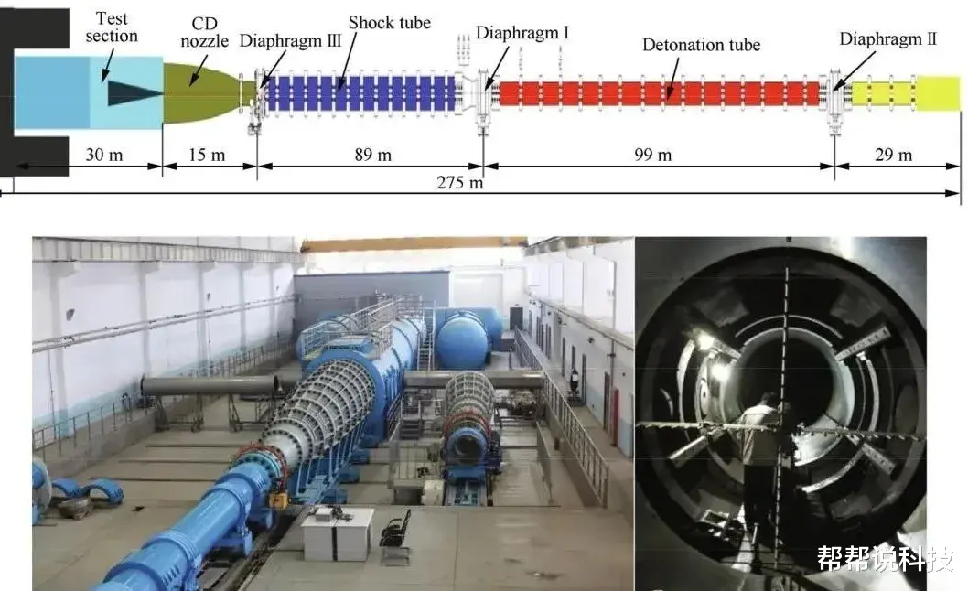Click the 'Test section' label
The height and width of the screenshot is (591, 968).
[112, 27]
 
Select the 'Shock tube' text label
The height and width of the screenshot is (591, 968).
[391, 23]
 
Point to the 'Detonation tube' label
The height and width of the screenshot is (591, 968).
[701, 44]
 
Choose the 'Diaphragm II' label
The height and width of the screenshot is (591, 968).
[887, 39]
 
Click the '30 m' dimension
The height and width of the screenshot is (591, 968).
[102, 155]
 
